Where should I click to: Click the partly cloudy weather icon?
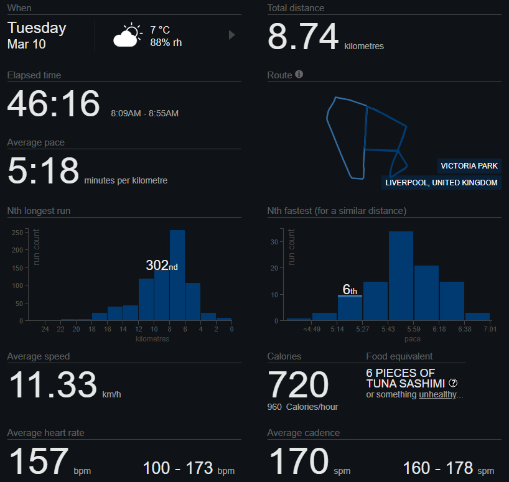pyautogui.click(x=127, y=36)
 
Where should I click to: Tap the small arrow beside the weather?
pyautogui.click(x=232, y=35)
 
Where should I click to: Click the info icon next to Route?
pyautogui.click(x=299, y=75)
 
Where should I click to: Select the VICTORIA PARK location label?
pyautogui.click(x=469, y=166)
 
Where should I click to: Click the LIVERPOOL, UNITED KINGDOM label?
pyautogui.click(x=441, y=183)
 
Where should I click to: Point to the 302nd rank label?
pyautogui.click(x=161, y=265)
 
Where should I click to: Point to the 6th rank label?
pyautogui.click(x=350, y=289)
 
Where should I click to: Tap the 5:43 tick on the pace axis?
pyautogui.click(x=389, y=330)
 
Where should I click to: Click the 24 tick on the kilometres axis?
pyautogui.click(x=45, y=330)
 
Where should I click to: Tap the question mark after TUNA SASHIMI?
pyautogui.click(x=453, y=383)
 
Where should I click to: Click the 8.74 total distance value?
pyautogui.click(x=303, y=37)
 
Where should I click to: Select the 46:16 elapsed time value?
pyautogui.click(x=54, y=103)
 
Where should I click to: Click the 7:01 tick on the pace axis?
pyautogui.click(x=490, y=330)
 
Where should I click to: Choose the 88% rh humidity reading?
pyautogui.click(x=166, y=43)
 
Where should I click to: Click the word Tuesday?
pyautogui.click(x=37, y=28)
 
